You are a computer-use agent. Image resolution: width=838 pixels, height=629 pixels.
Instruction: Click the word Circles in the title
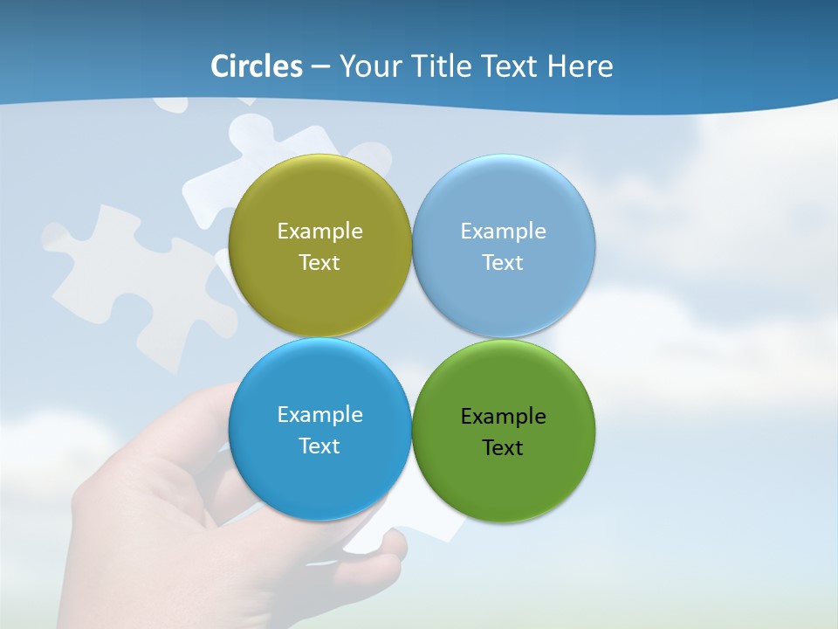(x=257, y=66)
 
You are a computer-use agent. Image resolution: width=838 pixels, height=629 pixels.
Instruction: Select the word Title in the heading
(x=443, y=66)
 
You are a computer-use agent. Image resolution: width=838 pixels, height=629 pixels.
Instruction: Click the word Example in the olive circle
(x=319, y=232)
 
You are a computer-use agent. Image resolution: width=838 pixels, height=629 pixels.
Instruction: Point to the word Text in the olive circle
(x=319, y=263)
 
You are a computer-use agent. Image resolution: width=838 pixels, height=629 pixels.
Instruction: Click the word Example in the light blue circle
(x=503, y=232)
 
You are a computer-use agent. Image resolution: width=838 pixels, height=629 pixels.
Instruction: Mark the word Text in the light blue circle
(x=503, y=263)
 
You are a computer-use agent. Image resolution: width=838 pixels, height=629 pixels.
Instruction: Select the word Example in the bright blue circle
(x=319, y=415)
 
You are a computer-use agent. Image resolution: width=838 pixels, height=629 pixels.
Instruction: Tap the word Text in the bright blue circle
(x=319, y=446)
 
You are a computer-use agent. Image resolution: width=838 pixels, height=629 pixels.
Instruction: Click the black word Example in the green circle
(x=503, y=417)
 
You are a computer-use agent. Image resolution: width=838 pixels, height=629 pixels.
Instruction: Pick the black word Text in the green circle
(x=503, y=448)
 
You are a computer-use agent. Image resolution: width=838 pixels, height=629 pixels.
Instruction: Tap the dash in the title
(x=319, y=67)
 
